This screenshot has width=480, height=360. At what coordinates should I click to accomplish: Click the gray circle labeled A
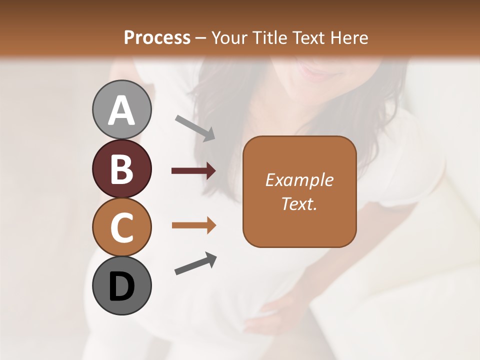tap(121, 110)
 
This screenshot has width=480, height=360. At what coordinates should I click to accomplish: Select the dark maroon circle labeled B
tap(121, 168)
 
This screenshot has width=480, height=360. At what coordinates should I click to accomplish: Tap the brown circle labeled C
tap(121, 227)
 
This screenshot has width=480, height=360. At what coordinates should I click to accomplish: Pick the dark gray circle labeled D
tap(121, 285)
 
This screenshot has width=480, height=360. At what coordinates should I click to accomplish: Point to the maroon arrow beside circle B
tap(193, 171)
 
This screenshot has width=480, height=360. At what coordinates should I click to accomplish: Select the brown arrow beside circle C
tap(193, 225)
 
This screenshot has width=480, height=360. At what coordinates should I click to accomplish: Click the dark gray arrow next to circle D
tap(195, 263)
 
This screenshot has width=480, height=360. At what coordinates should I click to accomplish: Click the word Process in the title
tap(157, 37)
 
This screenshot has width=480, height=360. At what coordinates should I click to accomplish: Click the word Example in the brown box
tap(299, 180)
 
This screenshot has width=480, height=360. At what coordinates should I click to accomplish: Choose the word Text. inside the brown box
tap(299, 203)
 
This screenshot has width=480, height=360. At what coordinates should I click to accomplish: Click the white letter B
tap(121, 168)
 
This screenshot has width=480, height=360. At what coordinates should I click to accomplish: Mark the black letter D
tap(121, 286)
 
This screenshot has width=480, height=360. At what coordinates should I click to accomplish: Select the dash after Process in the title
tap(201, 38)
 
